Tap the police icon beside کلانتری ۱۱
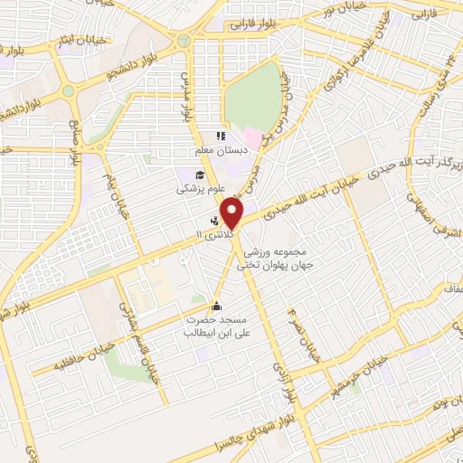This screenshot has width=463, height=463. point(215,220)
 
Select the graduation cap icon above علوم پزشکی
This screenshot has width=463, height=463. point(198,175)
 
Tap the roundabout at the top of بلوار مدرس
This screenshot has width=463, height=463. point(184,40)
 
